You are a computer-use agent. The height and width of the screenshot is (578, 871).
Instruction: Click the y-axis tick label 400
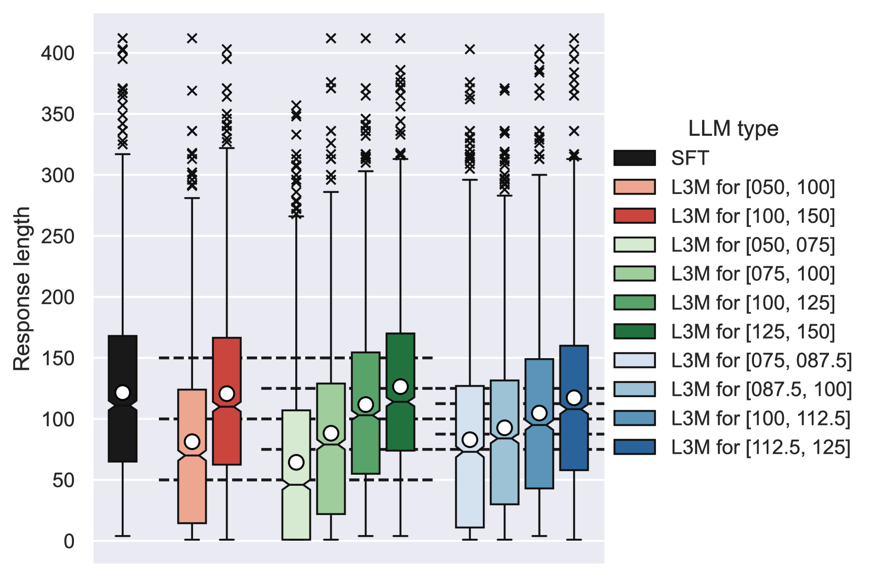coord(58,53)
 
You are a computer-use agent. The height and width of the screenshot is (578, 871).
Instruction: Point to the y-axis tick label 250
coord(58,236)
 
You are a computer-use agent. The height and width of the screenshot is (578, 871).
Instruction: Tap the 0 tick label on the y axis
coord(69,541)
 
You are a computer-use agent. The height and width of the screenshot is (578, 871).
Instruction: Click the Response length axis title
coord(22,289)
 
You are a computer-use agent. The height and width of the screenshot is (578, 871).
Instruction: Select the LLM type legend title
coord(733,129)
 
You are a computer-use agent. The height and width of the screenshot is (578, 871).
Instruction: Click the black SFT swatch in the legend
coord(635,158)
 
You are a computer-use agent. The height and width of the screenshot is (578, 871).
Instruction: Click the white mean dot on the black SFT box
coord(123,392)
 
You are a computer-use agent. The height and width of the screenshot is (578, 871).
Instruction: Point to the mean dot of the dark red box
coord(227,394)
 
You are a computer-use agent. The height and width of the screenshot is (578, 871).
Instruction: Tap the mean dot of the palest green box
coord(296,462)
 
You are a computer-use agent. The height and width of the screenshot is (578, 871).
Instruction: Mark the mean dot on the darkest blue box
coord(574,398)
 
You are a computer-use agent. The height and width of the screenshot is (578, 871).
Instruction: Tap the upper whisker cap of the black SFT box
coord(123,154)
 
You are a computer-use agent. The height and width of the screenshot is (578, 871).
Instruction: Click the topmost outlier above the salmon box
coord(192,38)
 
